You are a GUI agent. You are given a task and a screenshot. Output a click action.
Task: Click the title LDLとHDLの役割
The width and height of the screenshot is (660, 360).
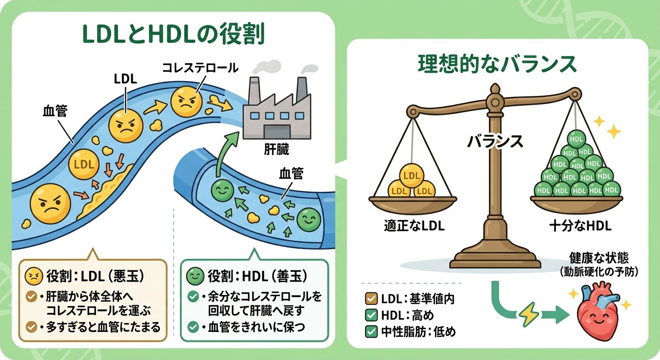coord(173,34)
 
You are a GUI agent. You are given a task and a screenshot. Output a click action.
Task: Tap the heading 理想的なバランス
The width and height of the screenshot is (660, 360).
coord(497,64)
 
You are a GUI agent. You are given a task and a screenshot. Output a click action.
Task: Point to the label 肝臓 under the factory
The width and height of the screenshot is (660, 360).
coord(277,149)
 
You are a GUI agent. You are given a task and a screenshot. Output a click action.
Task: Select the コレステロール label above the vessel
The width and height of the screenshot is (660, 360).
coord(200,68)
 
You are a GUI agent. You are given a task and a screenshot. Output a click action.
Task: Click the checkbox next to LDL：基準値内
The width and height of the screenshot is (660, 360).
coord(371,299)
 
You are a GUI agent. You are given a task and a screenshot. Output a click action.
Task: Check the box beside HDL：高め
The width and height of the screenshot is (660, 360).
coord(371,315)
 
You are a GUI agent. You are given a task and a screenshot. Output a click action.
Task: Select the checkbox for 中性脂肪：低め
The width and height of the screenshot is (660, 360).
coord(371,331)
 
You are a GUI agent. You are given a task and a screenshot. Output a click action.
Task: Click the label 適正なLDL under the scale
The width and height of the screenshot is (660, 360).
coord(414,226)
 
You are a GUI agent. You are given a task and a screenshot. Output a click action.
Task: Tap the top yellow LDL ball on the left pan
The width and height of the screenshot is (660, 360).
coord(411,176)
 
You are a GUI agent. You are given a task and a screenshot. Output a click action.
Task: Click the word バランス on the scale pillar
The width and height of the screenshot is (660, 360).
coord(495,142)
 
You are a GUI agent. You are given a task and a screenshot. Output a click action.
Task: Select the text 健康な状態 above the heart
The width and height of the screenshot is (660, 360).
coord(599,258)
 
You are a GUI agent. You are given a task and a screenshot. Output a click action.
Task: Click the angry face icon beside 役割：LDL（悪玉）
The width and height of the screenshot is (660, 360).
coord(34,277)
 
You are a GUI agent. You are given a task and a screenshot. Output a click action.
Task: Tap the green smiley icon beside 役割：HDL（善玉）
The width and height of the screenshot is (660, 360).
coord(195,277)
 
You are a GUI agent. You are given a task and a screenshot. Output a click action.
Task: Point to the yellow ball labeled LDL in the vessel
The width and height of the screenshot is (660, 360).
coord(84,164)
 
